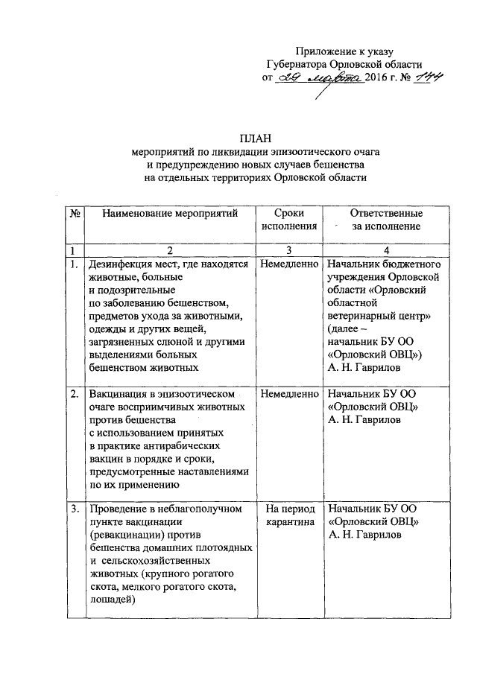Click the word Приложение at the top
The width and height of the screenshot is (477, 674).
click(x=325, y=51)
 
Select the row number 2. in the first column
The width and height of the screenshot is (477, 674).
click(x=74, y=392)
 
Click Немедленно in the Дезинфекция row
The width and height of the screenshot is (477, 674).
click(x=288, y=264)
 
